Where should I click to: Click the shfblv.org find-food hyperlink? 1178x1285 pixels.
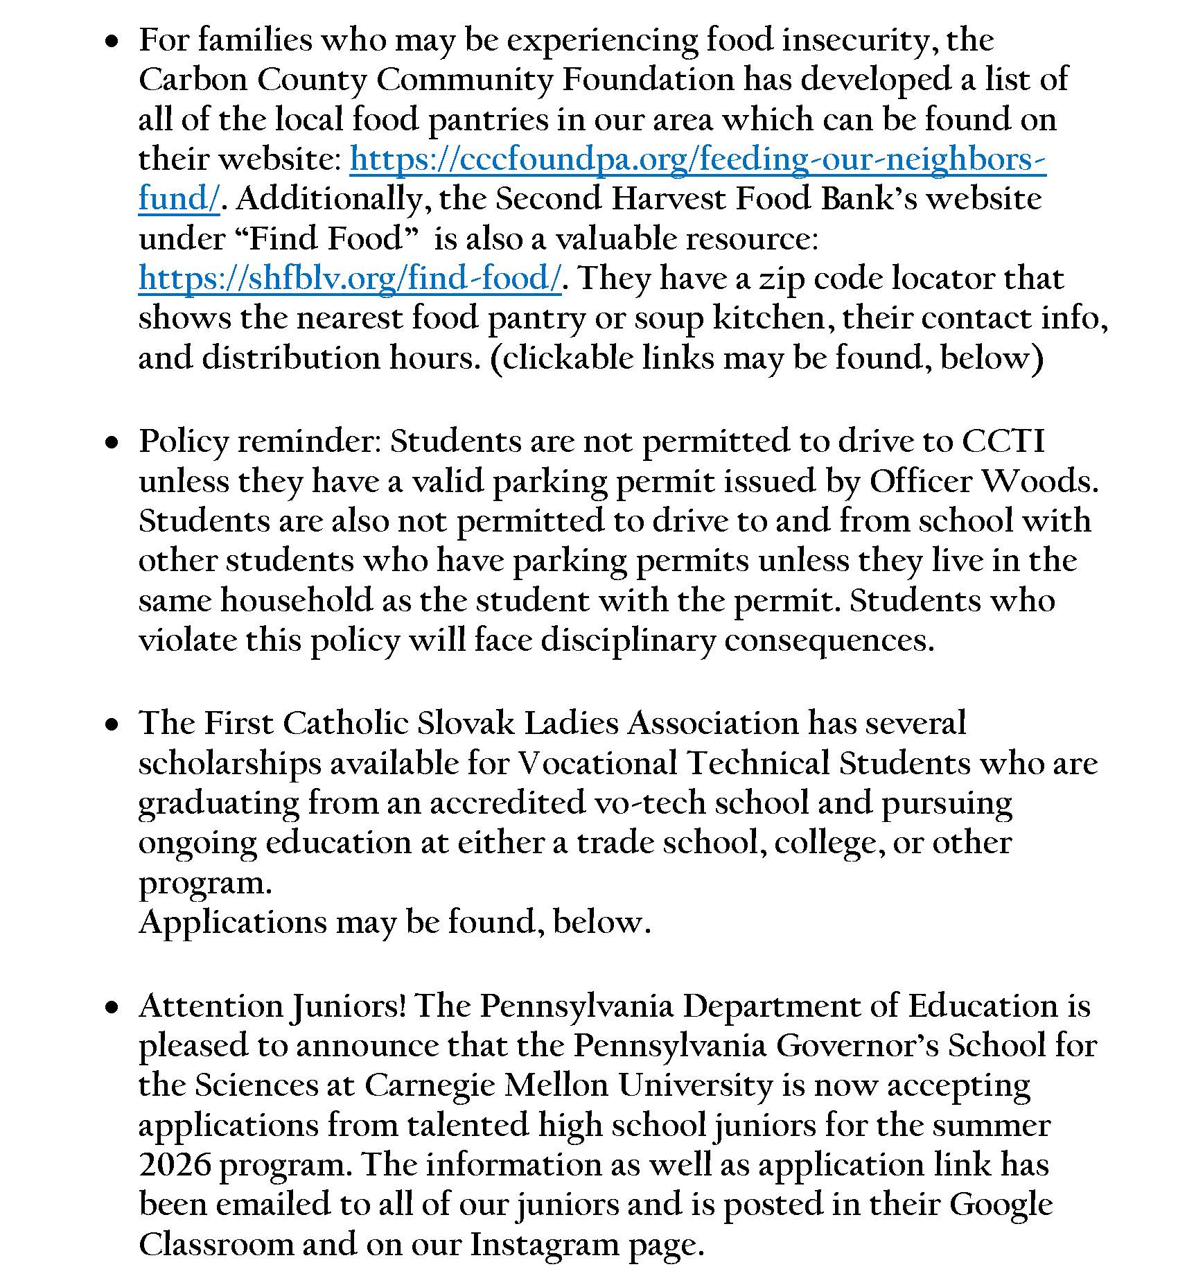[349, 279]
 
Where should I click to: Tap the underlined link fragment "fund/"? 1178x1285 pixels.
[179, 199]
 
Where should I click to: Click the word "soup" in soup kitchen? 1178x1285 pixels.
[669, 319]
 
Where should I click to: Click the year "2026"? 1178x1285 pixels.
[175, 1165]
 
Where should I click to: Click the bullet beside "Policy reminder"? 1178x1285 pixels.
[111, 443]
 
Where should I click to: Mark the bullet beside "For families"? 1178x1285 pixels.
[111, 42]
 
